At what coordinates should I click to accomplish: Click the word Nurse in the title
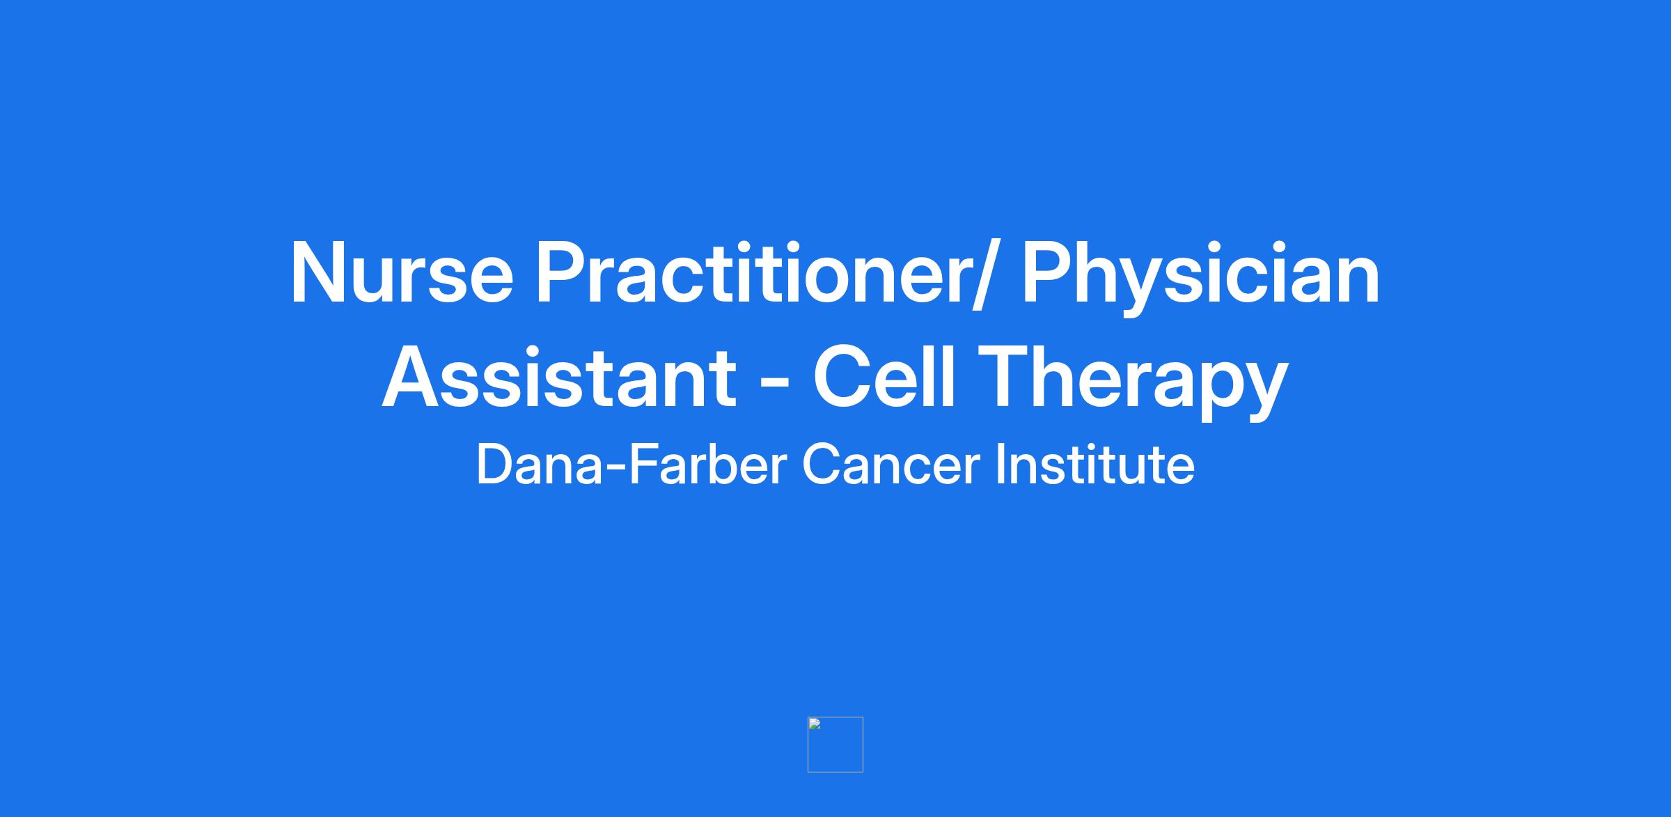(x=402, y=273)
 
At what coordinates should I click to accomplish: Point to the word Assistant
(x=559, y=378)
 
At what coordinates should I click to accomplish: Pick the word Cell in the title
(x=885, y=376)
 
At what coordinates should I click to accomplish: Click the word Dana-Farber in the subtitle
(x=631, y=464)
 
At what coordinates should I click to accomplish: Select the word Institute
(x=1095, y=464)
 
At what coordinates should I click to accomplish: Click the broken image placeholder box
(x=835, y=745)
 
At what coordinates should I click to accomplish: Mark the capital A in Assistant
(x=414, y=376)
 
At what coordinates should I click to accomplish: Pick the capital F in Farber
(x=643, y=464)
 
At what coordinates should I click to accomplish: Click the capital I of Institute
(x=999, y=464)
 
